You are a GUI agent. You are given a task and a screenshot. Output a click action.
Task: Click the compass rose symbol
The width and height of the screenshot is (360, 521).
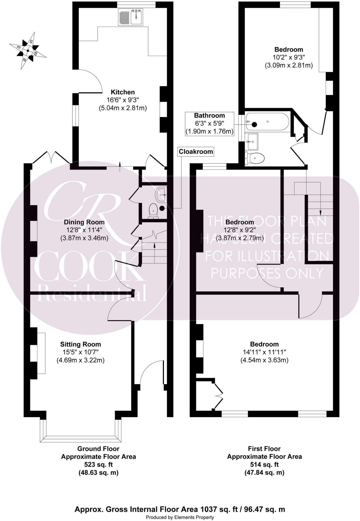click(27, 51)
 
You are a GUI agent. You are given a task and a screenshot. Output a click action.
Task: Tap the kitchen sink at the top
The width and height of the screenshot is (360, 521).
click(131, 17)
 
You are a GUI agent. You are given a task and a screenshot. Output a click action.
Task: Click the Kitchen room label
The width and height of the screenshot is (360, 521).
click(123, 92)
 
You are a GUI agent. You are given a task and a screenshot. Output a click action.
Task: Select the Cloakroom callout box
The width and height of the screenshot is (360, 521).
click(196, 152)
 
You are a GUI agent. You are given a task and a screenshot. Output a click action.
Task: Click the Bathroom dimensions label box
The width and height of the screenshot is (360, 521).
click(209, 124)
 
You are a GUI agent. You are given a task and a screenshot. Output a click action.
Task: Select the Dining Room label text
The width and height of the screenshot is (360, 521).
click(84, 222)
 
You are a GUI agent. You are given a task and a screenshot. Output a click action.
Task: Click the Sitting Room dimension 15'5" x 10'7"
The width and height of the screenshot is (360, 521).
click(81, 352)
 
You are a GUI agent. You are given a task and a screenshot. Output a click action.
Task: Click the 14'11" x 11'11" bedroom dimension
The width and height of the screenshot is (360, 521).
click(264, 352)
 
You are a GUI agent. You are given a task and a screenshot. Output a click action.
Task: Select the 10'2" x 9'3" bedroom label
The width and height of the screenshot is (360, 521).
click(289, 57)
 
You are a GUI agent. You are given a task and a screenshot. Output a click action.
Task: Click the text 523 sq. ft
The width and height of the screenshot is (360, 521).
click(98, 465)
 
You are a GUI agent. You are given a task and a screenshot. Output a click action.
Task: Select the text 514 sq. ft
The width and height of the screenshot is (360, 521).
click(264, 465)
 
